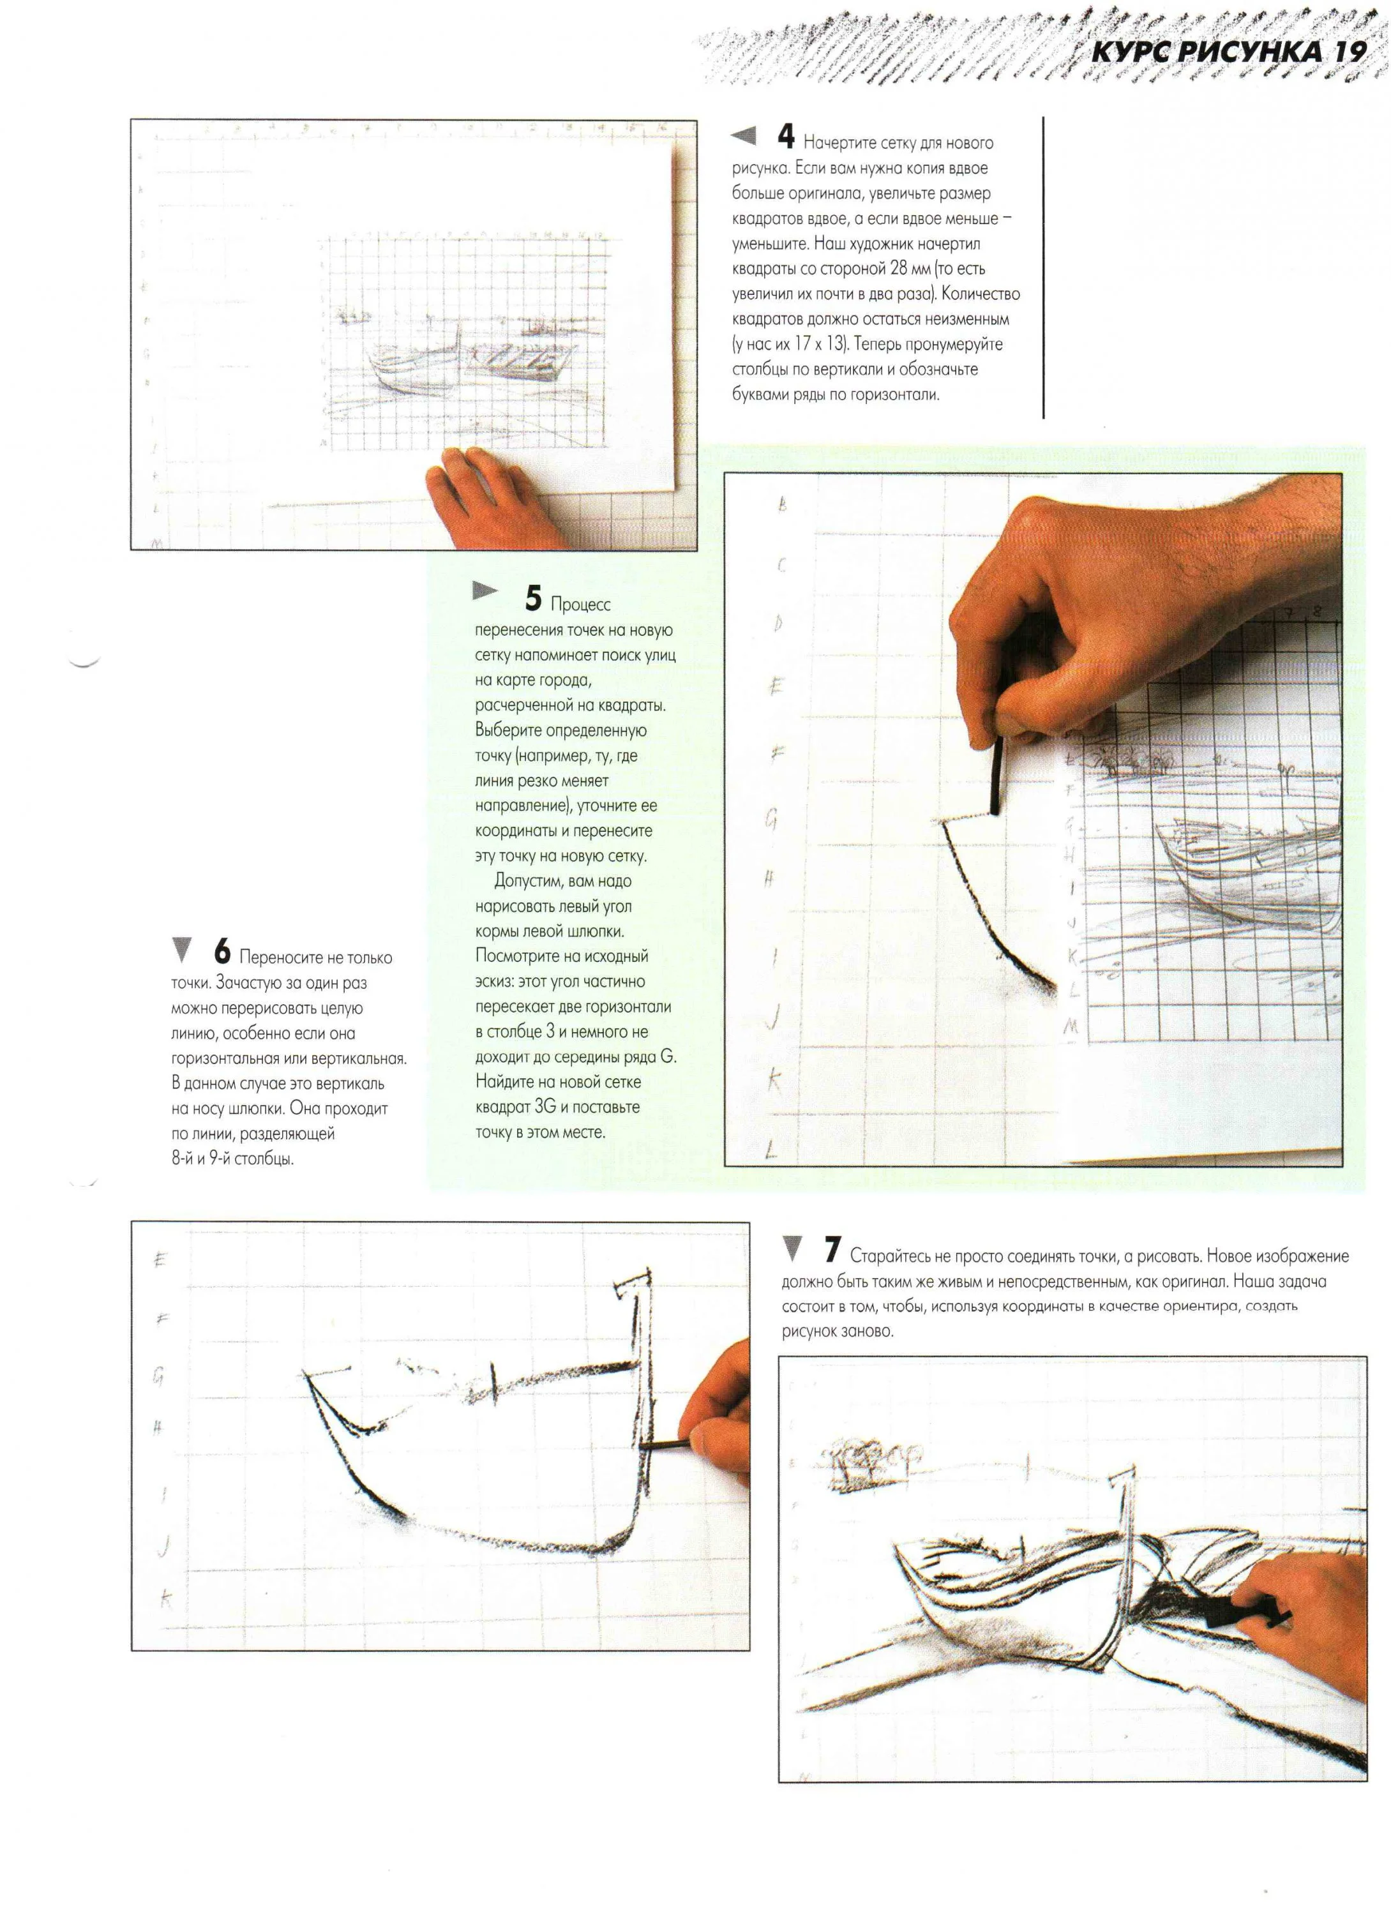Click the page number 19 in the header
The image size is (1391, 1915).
point(1350,52)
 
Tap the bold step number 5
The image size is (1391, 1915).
point(533,598)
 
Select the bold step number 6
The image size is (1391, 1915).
point(222,952)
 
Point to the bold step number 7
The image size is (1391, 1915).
point(832,1250)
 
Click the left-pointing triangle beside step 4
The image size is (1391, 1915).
point(743,135)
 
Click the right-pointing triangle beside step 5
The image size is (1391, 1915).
point(486,591)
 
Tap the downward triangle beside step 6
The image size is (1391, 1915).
point(181,950)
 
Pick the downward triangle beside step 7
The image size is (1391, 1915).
point(792,1248)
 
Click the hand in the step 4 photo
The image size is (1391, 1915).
point(490,498)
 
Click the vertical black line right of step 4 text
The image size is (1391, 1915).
point(1044,267)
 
